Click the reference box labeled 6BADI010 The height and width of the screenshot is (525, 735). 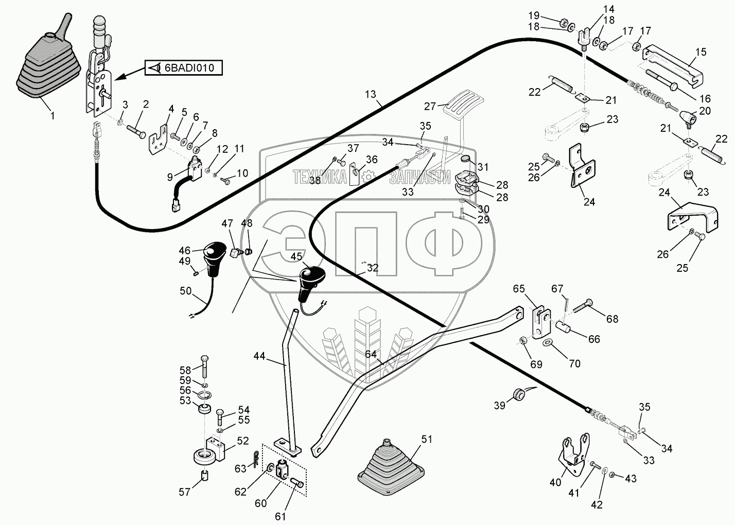pyautogui.click(x=184, y=68)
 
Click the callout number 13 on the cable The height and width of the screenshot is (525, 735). pyautogui.click(x=370, y=95)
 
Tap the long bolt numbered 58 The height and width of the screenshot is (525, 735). pyautogui.click(x=204, y=367)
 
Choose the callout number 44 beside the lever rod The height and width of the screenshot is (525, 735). pyautogui.click(x=259, y=356)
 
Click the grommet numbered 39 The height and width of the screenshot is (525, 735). pyautogui.click(x=518, y=394)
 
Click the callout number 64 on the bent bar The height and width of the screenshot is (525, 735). pyautogui.click(x=371, y=354)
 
